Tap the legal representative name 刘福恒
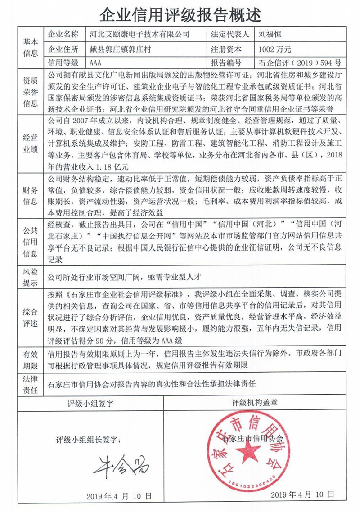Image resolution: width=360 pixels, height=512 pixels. pos(270,34)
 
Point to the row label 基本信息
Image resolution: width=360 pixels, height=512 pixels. pos(30,48)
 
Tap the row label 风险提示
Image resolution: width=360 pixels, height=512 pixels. pos(30,278)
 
